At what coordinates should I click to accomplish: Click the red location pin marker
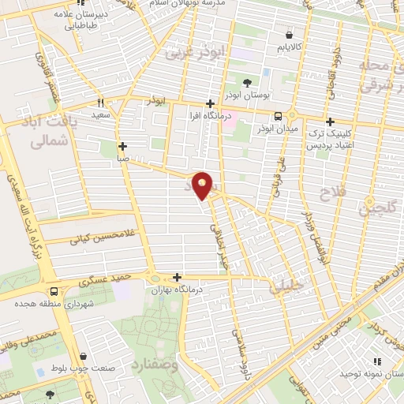pyautogui.click(x=204, y=185)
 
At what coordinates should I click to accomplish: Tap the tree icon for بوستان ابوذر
pyautogui.click(x=247, y=83)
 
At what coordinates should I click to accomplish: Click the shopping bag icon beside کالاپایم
pyautogui.click(x=290, y=36)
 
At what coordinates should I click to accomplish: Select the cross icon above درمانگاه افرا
pyautogui.click(x=209, y=103)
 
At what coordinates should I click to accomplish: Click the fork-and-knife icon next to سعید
pyautogui.click(x=100, y=103)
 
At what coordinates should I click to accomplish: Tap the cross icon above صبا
pyautogui.click(x=122, y=146)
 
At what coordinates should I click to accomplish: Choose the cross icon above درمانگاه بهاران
pyautogui.click(x=177, y=277)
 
